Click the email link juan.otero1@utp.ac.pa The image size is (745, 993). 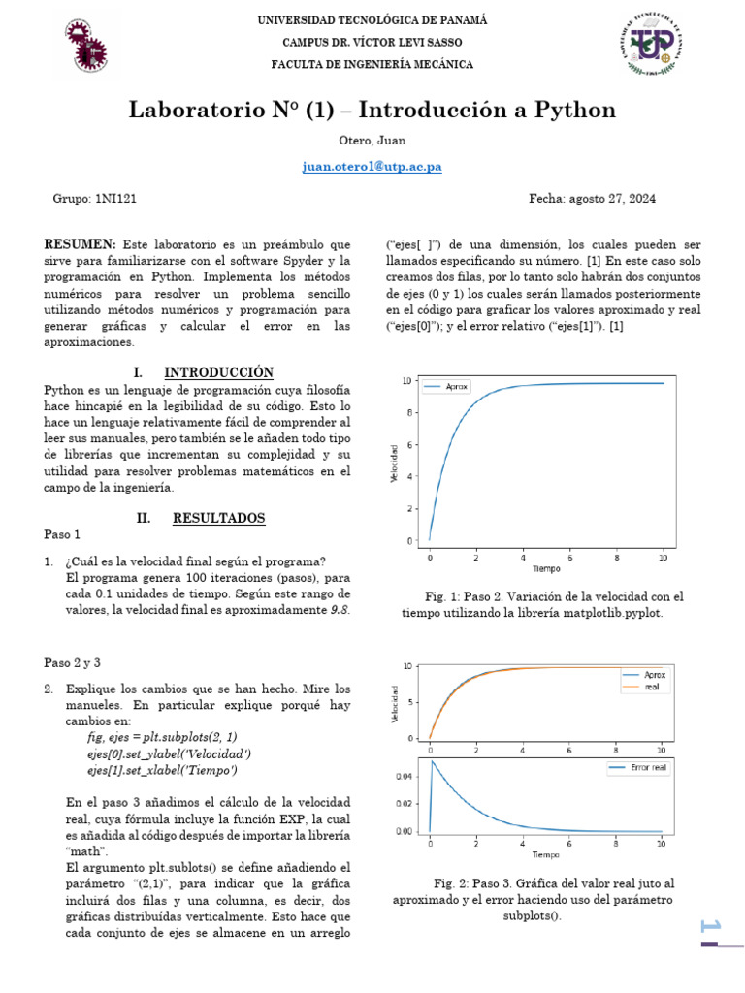[372, 166]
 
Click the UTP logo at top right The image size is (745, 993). [650, 44]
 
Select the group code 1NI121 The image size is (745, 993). [116, 199]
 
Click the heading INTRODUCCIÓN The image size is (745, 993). [218, 372]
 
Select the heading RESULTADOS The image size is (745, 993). [218, 519]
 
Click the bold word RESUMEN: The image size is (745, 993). [81, 245]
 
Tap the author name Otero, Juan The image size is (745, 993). [372, 141]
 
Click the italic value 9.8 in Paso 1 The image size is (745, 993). [339, 610]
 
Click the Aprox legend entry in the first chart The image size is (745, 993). [456, 387]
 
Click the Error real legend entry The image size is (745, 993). [644, 768]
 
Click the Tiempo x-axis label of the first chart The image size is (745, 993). [545, 567]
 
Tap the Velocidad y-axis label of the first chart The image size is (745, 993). [395, 464]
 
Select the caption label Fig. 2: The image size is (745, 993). [454, 883]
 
